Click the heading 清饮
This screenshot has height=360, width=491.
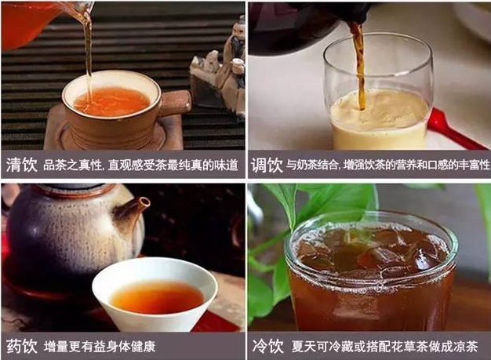(24, 165)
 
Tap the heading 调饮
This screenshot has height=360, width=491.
(267, 165)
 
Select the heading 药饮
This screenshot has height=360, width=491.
(24, 346)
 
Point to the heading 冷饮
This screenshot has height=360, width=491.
(267, 346)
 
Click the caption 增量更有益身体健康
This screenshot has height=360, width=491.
(99, 346)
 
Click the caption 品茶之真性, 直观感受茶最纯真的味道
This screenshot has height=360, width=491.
(140, 165)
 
